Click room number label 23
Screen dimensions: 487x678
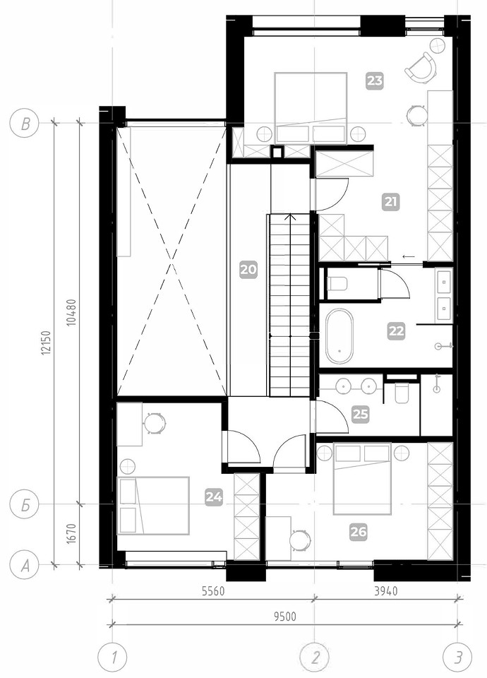374,81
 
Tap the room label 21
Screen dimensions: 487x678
391,202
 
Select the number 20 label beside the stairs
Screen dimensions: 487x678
248,270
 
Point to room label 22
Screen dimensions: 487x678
396,331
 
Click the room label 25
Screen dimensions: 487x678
361,415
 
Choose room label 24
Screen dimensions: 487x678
214,497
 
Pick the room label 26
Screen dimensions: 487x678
359,532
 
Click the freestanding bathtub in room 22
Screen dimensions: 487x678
339,336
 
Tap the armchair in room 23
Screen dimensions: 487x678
421,69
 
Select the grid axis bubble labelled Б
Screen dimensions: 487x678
25,504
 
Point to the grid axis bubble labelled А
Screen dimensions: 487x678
25,564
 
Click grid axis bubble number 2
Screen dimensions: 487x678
315,658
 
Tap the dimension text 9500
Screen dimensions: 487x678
285,616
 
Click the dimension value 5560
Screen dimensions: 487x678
213,591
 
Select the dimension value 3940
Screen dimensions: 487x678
386,591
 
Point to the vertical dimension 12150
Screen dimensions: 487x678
47,344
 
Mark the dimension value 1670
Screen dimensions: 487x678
72,535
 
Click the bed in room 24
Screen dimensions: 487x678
153,506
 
